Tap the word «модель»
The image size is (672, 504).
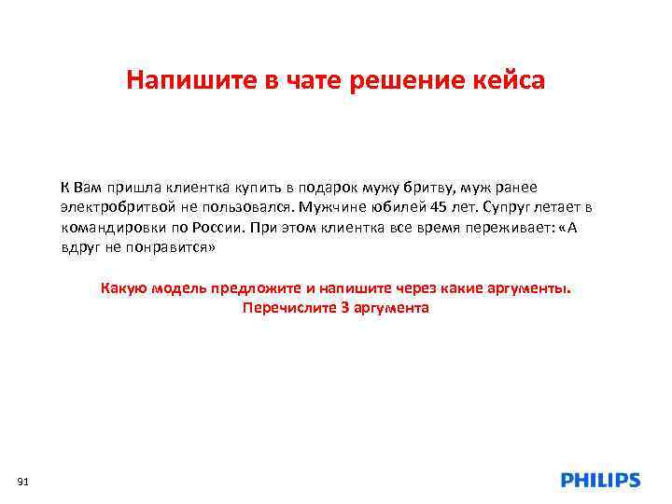pyautogui.click(x=175, y=287)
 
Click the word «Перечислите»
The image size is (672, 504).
pyautogui.click(x=285, y=307)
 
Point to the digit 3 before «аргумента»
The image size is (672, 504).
pyautogui.click(x=344, y=307)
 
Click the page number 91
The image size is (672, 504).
pyautogui.click(x=24, y=481)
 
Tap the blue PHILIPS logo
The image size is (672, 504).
pyautogui.click(x=600, y=480)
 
